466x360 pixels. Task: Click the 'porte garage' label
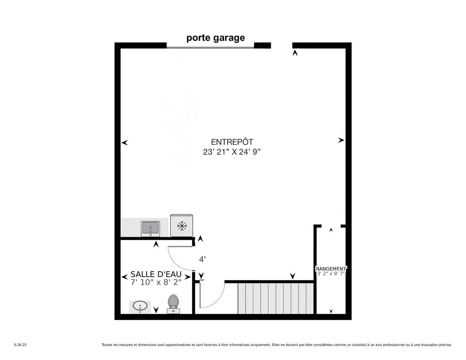[216, 38]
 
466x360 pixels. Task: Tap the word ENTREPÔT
[232, 142]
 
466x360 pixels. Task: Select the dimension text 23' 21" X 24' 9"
[232, 152]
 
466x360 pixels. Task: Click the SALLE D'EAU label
[156, 275]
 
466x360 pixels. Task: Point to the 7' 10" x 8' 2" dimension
[156, 282]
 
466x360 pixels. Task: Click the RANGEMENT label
[331, 269]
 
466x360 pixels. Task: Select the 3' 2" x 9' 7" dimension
[331, 273]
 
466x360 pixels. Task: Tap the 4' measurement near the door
[202, 260]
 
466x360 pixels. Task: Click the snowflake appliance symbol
[182, 226]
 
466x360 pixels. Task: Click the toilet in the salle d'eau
[173, 304]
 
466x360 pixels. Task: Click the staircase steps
[276, 299]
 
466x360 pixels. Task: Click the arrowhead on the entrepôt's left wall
[125, 143]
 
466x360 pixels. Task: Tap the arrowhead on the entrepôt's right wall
[341, 141]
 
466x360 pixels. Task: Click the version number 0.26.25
[20, 345]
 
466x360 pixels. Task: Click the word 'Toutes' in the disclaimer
[106, 345]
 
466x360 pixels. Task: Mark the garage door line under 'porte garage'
[210, 48]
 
